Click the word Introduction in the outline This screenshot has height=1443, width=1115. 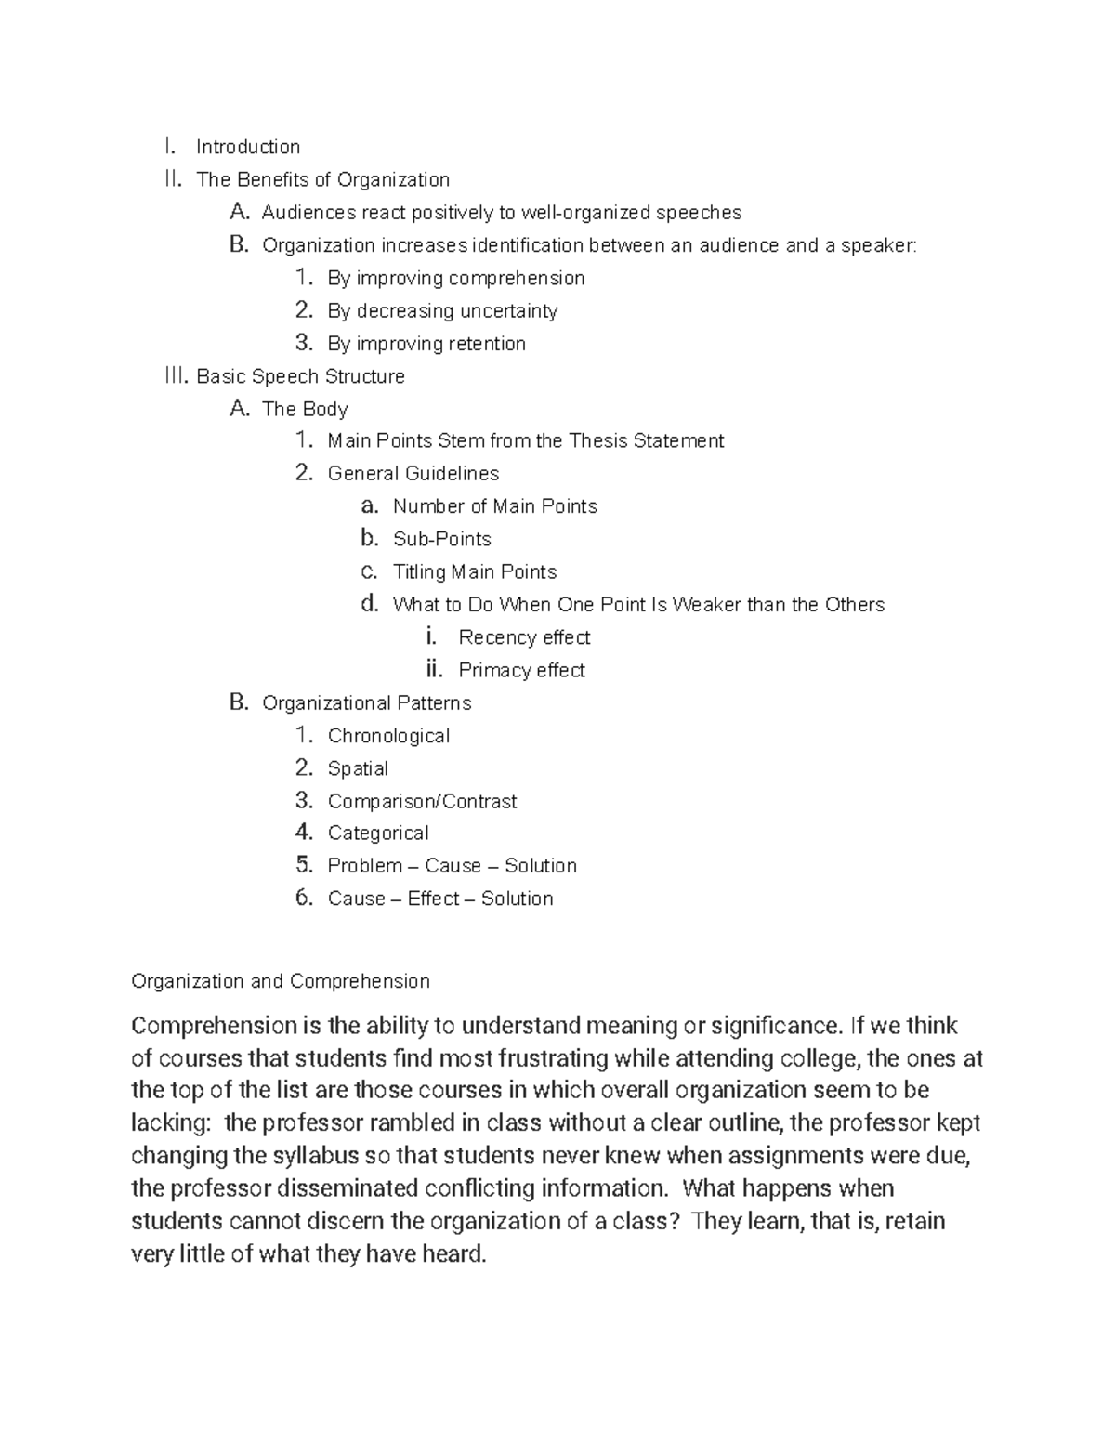tap(248, 147)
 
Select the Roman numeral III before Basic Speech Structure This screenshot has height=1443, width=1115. tap(175, 375)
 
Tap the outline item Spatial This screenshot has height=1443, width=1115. tap(358, 768)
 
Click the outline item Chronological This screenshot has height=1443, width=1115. tap(388, 736)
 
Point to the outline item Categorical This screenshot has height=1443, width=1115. tap(378, 833)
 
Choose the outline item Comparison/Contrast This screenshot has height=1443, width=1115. tap(422, 801)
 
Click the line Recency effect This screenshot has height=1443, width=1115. tap(524, 637)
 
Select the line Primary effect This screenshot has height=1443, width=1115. tap(521, 670)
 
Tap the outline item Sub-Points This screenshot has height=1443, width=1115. tap(441, 539)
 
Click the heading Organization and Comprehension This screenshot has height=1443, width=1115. tap(281, 981)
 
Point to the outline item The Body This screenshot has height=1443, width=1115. tap(305, 409)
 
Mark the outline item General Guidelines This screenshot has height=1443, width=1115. tap(413, 474)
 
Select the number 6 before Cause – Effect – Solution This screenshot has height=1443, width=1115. tap(303, 898)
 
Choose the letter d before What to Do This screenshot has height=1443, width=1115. tap(370, 604)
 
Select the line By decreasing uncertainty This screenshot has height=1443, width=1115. tap(442, 311)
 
